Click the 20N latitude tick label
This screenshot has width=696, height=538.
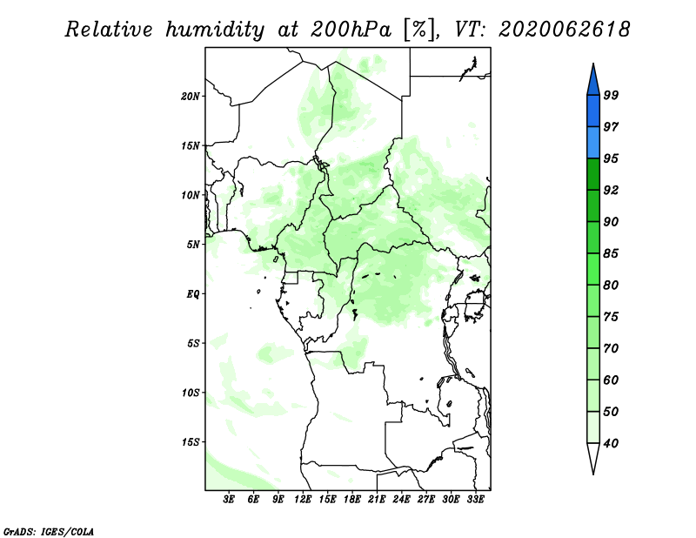pyautogui.click(x=191, y=96)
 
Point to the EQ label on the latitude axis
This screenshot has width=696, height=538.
pyautogui.click(x=193, y=294)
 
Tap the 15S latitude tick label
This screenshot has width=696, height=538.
pyautogui.click(x=191, y=442)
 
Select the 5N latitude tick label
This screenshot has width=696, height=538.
pyautogui.click(x=193, y=245)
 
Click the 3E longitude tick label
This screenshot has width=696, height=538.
pyautogui.click(x=229, y=499)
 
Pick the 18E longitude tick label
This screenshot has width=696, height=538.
pyautogui.click(x=352, y=499)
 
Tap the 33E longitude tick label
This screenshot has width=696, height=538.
pyautogui.click(x=475, y=499)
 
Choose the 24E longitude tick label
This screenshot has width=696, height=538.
pyautogui.click(x=401, y=499)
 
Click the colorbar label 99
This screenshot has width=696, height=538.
pyautogui.click(x=611, y=95)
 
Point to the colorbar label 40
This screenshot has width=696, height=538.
pyautogui.click(x=611, y=443)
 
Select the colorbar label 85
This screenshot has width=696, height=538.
pyautogui.click(x=611, y=253)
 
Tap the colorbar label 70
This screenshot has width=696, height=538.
pyautogui.click(x=611, y=348)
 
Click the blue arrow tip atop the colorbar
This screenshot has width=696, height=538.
pyautogui.click(x=593, y=64)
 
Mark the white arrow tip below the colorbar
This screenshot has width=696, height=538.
pyautogui.click(x=593, y=474)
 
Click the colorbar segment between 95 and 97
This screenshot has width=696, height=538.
pyautogui.click(x=593, y=143)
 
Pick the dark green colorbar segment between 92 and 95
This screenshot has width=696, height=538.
pyautogui.click(x=593, y=174)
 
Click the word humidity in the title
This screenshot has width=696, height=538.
pyautogui.click(x=215, y=30)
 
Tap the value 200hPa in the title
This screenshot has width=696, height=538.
pyautogui.click(x=351, y=30)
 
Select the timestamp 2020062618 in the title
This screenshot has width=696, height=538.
pyautogui.click(x=564, y=30)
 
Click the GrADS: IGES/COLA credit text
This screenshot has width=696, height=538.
pyautogui.click(x=49, y=532)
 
